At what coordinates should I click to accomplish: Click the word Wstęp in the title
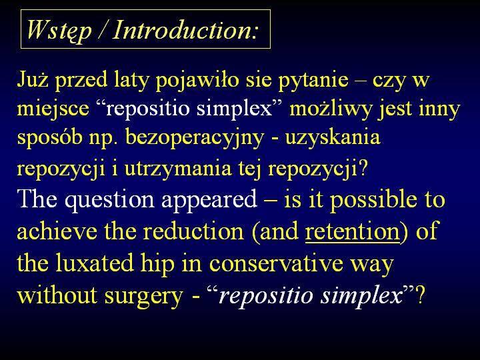59,31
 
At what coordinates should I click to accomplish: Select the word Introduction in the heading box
181,30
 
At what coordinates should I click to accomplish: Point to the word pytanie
313,81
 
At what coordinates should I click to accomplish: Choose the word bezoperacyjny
195,139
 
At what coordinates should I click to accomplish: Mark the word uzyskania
333,139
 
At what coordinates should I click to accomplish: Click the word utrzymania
178,169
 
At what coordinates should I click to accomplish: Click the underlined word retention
353,232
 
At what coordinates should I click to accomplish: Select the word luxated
94,263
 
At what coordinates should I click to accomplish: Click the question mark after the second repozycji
362,169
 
